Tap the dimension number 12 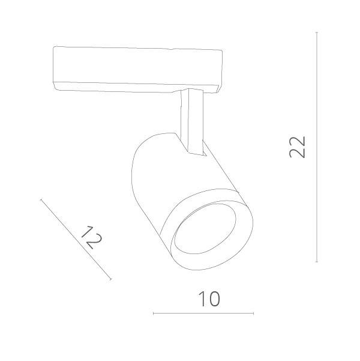click(91, 237)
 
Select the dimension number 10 click(204, 299)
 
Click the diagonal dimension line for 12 click(76, 239)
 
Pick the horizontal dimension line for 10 click(204, 314)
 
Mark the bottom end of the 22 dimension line click(317, 262)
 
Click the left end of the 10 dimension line click(154, 314)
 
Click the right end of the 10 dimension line click(254, 314)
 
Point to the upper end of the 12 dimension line click(41, 199)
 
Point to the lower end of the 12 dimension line click(111, 279)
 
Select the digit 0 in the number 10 click(212, 299)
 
